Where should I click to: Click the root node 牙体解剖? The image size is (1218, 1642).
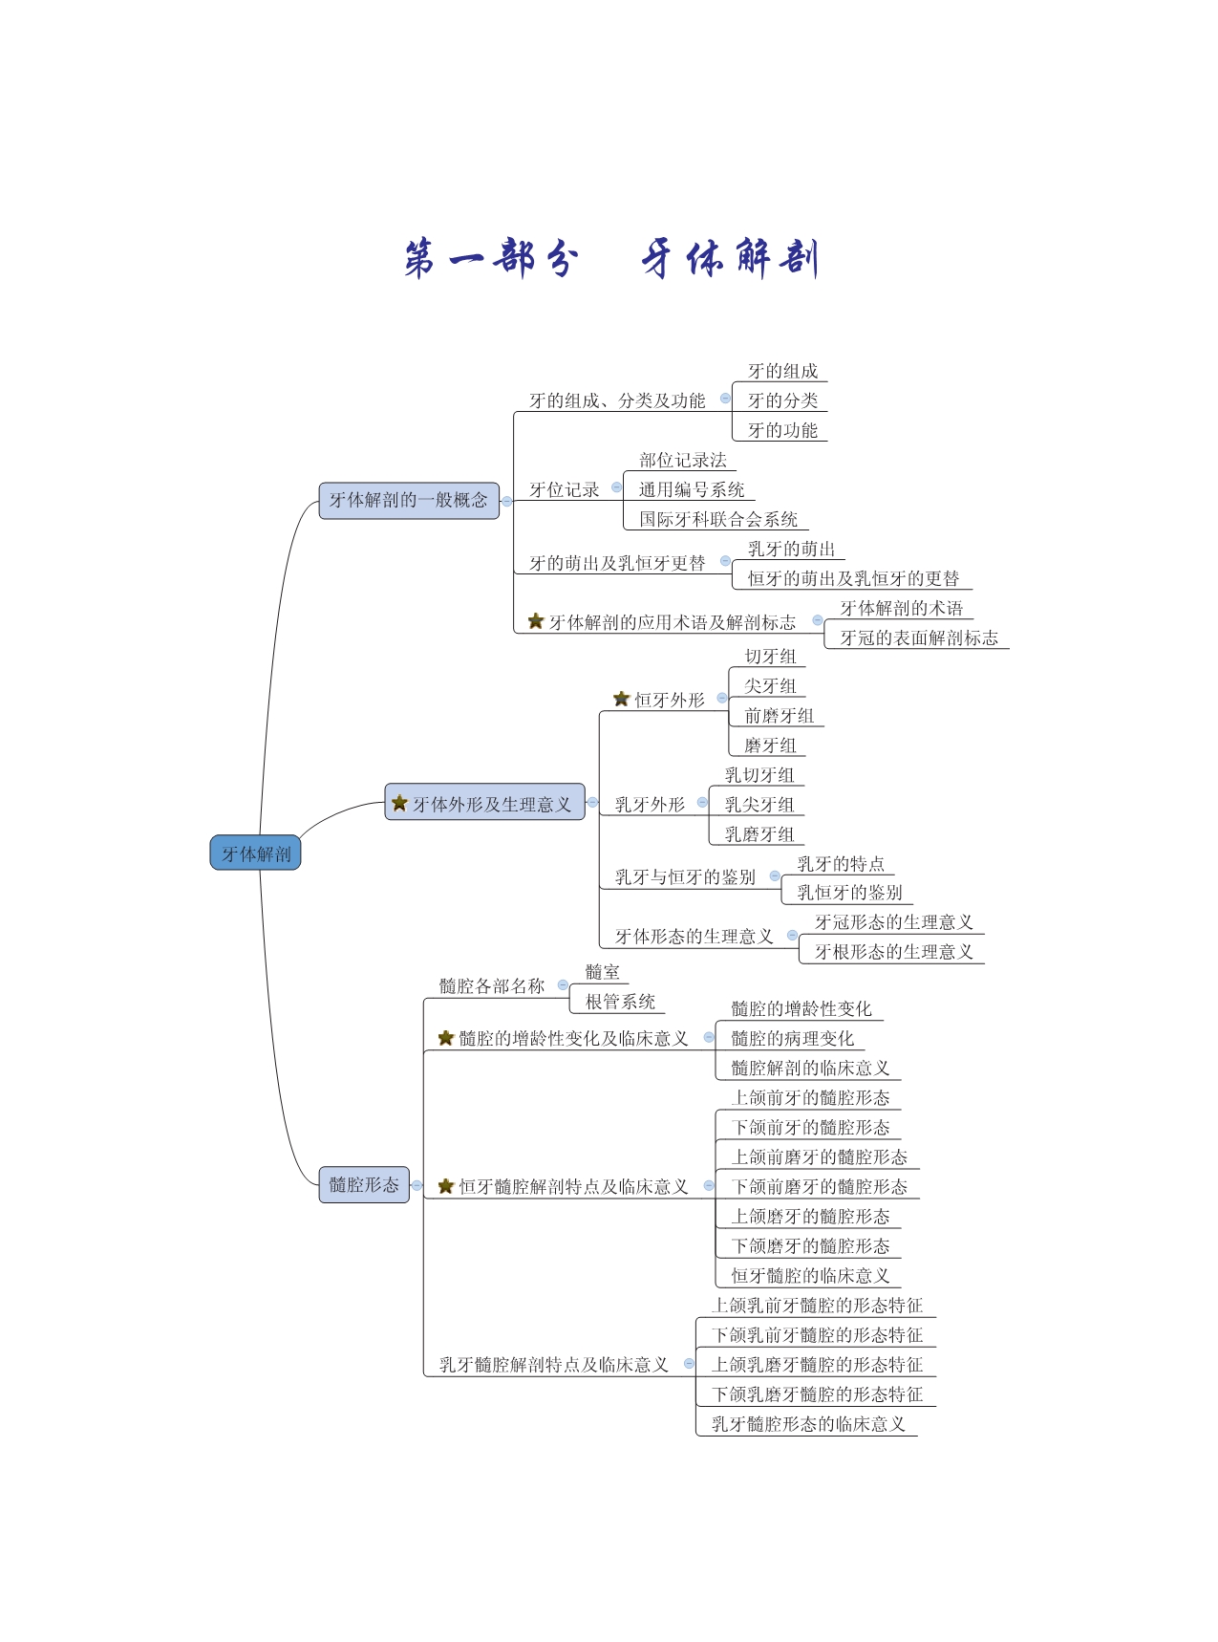[x=255, y=853]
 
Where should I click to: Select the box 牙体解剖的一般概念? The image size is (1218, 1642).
[x=409, y=500]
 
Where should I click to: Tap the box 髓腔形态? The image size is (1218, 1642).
[x=364, y=1184]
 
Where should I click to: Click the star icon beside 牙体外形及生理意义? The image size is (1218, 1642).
[x=400, y=803]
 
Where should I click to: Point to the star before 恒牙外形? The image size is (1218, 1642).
[x=621, y=699]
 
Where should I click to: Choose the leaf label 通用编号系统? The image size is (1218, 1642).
[x=692, y=489]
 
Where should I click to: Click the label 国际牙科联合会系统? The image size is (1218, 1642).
[x=718, y=519]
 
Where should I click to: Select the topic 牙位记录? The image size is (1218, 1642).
[x=565, y=489]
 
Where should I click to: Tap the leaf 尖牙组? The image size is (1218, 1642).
[x=770, y=685]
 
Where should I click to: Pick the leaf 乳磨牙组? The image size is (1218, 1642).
[x=759, y=833]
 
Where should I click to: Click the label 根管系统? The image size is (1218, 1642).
[x=620, y=1001]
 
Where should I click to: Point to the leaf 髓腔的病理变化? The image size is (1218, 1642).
[x=792, y=1038]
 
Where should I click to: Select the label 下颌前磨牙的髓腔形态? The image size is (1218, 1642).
[x=819, y=1186]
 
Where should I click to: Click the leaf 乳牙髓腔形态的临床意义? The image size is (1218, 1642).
[x=808, y=1423]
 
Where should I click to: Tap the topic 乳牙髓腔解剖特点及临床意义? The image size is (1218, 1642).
[x=553, y=1364]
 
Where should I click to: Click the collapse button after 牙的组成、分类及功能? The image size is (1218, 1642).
[x=725, y=399]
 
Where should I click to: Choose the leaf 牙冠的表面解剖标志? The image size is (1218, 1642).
[x=919, y=637]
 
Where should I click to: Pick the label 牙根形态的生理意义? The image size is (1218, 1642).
[x=893, y=951]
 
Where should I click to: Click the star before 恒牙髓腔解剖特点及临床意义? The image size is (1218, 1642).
[x=446, y=1186]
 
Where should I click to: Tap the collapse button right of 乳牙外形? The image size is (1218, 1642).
[x=702, y=803]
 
